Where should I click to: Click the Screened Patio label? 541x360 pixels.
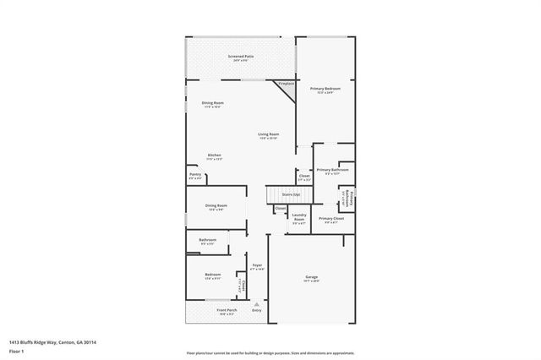[x=240, y=57]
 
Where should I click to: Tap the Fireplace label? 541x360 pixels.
[x=287, y=83]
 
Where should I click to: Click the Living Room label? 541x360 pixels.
[x=269, y=134]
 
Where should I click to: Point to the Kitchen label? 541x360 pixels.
[x=215, y=155]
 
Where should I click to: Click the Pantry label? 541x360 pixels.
[x=194, y=175]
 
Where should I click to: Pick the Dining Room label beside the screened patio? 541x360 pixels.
[x=212, y=103]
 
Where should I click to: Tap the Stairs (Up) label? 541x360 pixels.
[x=279, y=194]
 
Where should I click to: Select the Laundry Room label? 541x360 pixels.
[x=298, y=216]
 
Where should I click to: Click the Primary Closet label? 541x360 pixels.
[x=331, y=219]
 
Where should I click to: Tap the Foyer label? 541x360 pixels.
[x=257, y=266]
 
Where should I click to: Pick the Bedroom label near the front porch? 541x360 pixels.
[x=213, y=275]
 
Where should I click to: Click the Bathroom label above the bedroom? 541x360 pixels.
[x=207, y=240]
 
